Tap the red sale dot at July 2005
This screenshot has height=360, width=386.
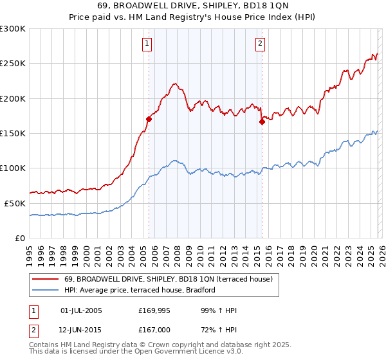[x=149, y=119]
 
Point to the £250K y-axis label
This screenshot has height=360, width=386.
[x=12, y=64]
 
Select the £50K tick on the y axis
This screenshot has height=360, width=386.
[x=15, y=203]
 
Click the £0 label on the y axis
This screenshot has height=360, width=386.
[x=19, y=238]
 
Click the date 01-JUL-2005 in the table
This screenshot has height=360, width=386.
[x=80, y=310]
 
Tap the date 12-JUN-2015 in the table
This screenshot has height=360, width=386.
[x=80, y=330]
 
